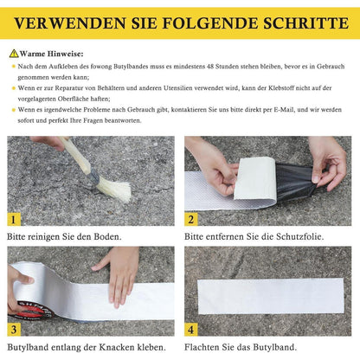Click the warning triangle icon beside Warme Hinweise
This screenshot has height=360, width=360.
(14, 53)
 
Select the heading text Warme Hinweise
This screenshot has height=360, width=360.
(48, 53)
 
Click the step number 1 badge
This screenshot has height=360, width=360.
(15, 219)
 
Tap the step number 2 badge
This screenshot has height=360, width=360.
(192, 219)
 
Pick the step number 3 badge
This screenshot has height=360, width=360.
(15, 329)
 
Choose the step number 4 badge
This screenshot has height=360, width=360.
(192, 329)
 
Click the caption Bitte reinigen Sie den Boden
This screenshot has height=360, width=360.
(65, 235)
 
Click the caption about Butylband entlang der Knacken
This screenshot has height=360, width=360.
(85, 346)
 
